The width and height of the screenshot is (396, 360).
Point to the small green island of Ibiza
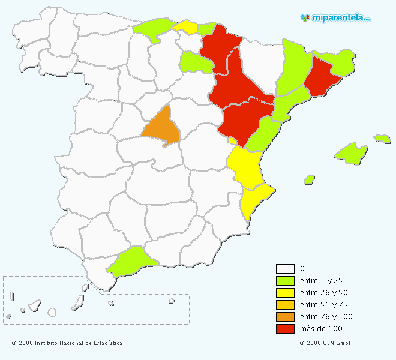[x=310, y=179]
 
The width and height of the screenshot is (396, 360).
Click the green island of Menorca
[x=382, y=139]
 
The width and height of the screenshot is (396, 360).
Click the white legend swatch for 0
[x=285, y=269]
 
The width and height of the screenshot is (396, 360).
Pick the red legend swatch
[x=285, y=329]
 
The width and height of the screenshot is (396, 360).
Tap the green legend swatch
[x=285, y=281]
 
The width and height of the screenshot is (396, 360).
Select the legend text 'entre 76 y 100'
[x=326, y=317]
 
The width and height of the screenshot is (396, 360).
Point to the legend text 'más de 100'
[x=321, y=329]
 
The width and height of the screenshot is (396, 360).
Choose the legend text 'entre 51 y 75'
[x=323, y=305]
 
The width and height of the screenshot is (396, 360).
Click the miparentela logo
[x=336, y=18]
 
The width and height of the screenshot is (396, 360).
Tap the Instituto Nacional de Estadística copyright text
[x=67, y=343]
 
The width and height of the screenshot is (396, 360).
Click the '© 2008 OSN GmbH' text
[x=326, y=343]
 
